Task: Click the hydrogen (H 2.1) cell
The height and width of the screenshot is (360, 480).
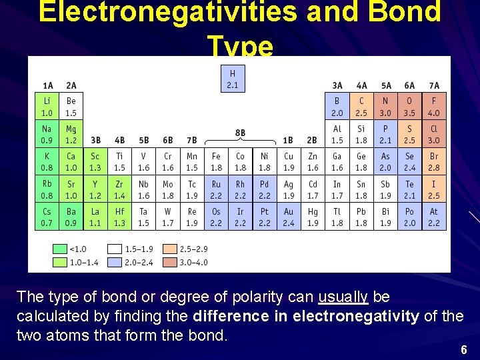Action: point(233,79)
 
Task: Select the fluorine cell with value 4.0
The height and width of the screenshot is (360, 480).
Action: point(434,106)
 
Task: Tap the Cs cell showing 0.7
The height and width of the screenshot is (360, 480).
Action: point(47,217)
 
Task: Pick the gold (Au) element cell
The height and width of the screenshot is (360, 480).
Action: point(289,217)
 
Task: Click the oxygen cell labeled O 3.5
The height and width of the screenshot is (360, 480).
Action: point(410,106)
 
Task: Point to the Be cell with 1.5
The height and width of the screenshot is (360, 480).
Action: point(71,106)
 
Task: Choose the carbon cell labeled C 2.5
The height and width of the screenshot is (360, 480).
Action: point(361,106)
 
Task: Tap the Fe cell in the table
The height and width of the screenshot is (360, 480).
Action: point(216,161)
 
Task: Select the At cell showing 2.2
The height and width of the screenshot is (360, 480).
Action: point(434,217)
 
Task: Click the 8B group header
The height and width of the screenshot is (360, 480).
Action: point(240,133)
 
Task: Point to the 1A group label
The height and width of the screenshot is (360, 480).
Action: point(48,86)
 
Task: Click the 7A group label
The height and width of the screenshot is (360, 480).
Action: point(434,86)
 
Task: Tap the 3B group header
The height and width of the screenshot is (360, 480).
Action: point(96,140)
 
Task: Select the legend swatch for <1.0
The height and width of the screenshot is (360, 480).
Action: point(60,249)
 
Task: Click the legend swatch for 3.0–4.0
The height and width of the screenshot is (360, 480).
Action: point(170,263)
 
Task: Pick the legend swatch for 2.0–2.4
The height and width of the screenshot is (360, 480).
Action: point(115,263)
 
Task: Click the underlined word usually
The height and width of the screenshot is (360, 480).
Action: point(343,297)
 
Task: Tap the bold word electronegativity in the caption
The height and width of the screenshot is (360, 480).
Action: point(356,316)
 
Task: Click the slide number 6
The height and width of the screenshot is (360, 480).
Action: point(464,349)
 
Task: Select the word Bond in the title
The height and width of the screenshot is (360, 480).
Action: point(404,11)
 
